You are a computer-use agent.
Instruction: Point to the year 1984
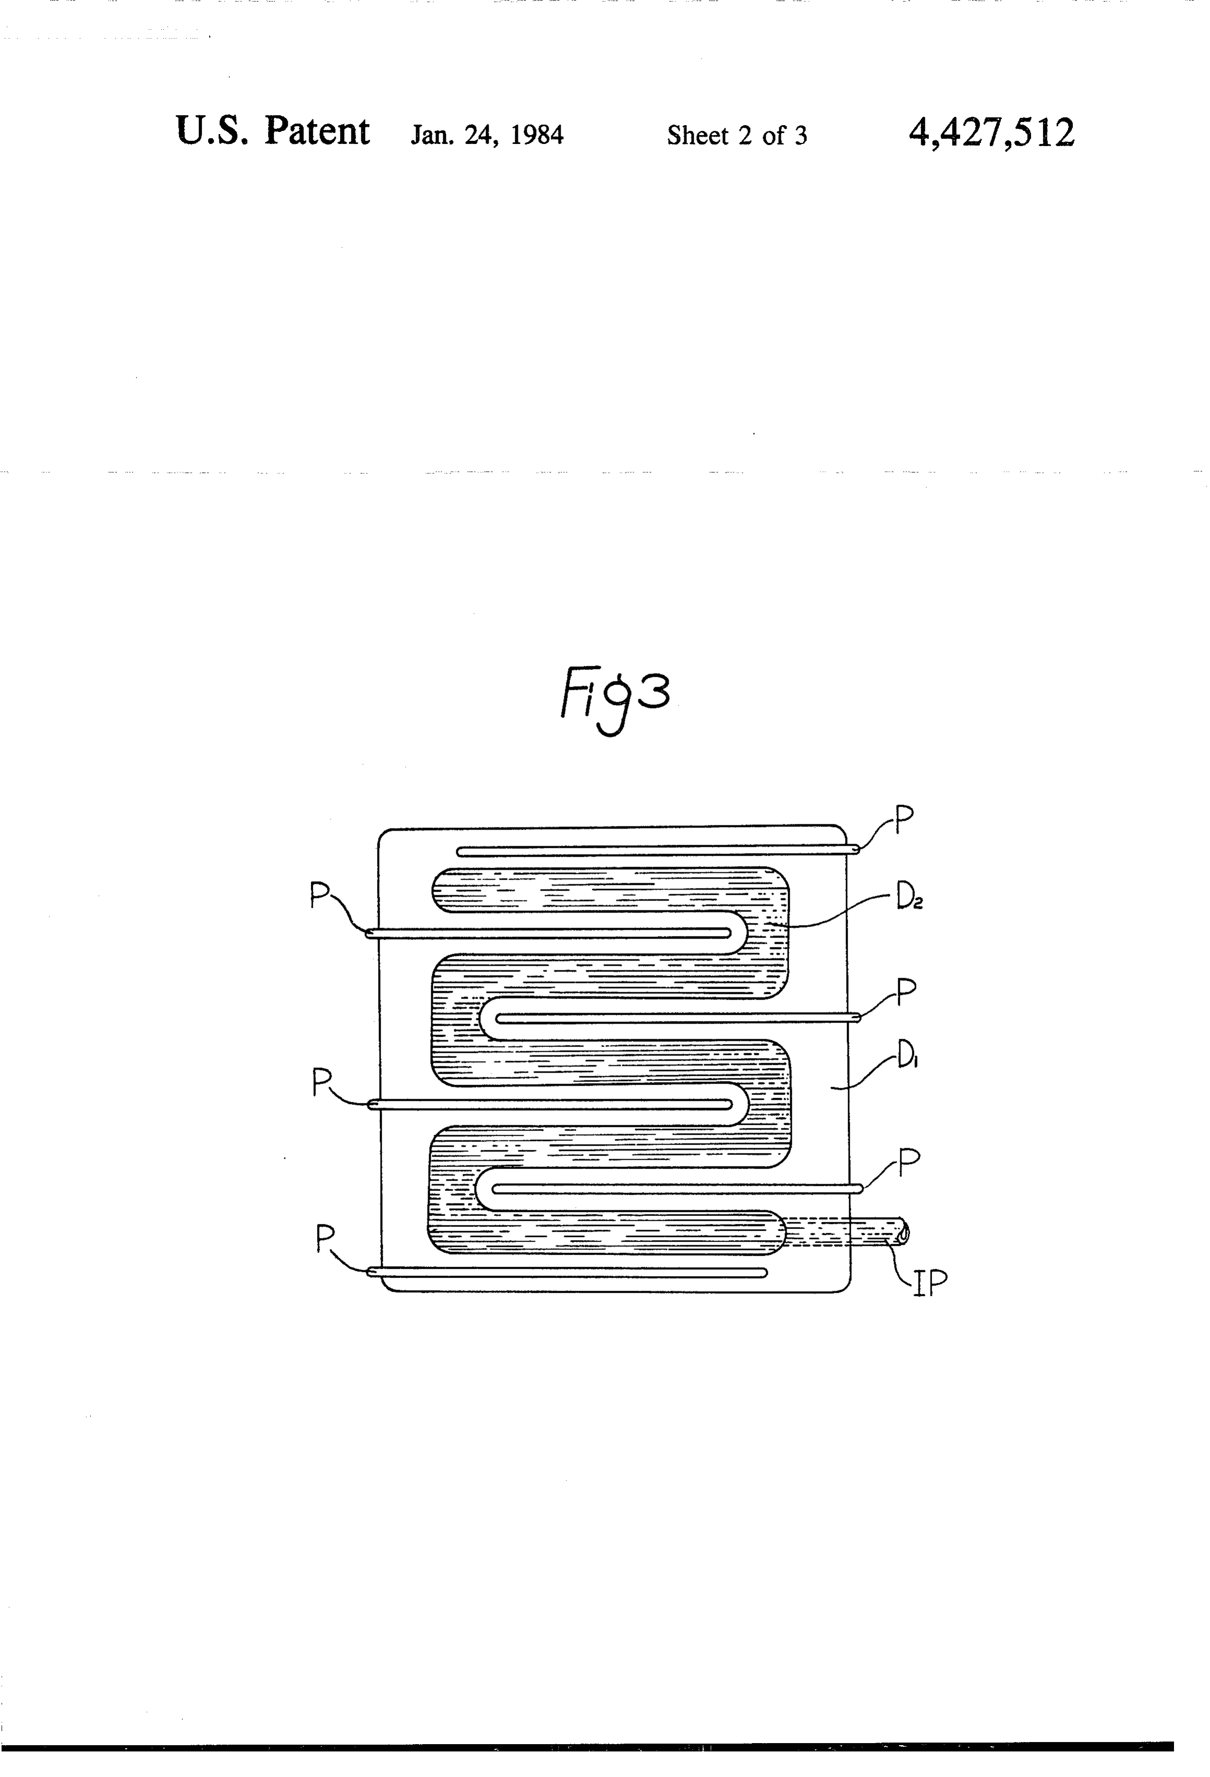point(537,136)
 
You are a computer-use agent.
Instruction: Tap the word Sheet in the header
point(697,136)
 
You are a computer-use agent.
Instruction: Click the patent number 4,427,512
point(991,132)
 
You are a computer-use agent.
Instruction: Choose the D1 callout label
point(906,1059)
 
